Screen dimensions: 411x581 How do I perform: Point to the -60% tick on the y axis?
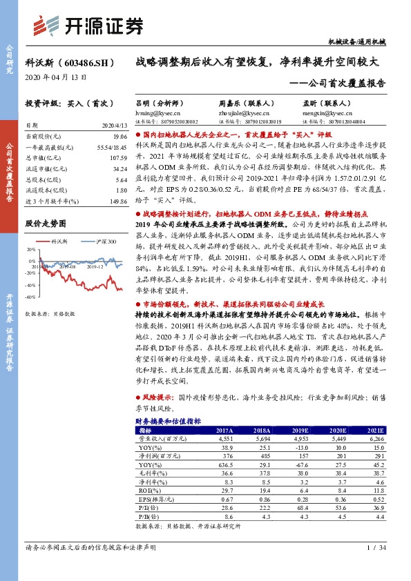[x=31, y=297]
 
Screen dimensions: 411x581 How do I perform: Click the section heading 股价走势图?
[x=46, y=224]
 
